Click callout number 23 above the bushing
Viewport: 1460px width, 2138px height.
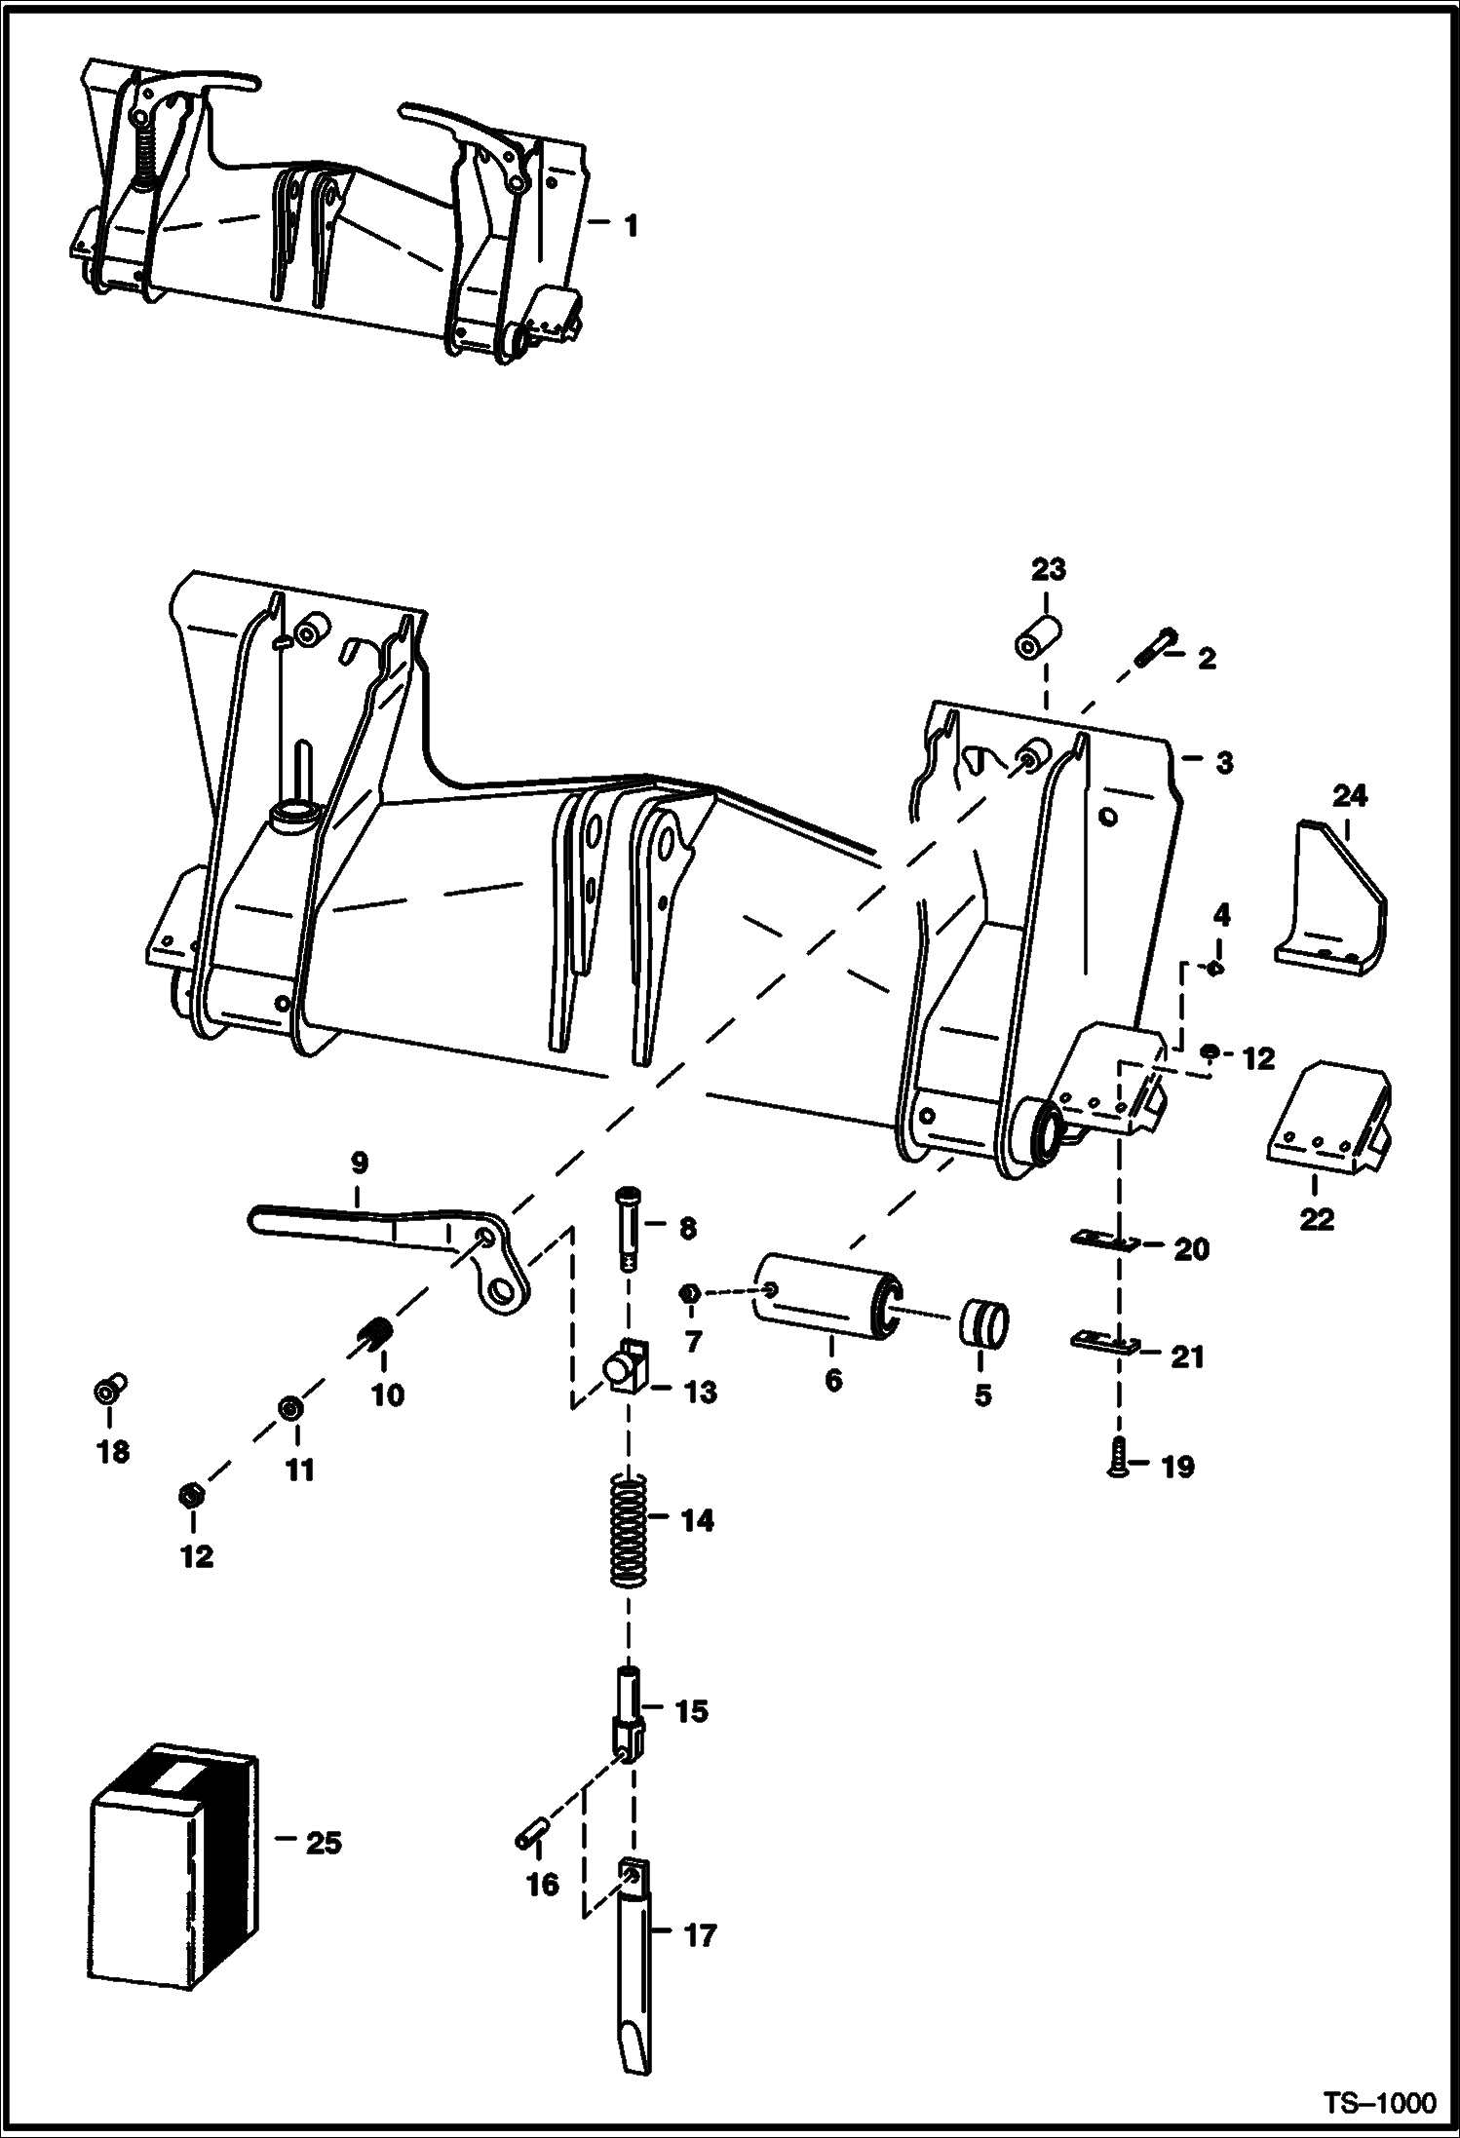1048,570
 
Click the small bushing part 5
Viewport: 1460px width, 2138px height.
984,1322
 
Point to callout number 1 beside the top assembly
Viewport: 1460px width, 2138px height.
630,226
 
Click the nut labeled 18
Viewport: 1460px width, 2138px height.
111,1389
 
